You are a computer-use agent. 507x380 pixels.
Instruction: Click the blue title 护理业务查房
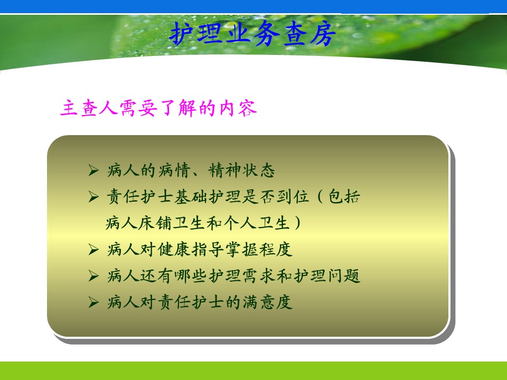[x=252, y=34]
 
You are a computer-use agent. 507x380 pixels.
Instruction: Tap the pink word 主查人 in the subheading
[x=88, y=108]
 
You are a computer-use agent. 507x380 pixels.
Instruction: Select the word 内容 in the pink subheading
[x=238, y=108]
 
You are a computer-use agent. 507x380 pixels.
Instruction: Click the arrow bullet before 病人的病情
[x=93, y=170]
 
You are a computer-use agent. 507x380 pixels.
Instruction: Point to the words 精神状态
[x=241, y=170]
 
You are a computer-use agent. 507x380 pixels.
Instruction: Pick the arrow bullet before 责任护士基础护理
[x=93, y=196]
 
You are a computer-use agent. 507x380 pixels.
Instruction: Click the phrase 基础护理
[x=208, y=196]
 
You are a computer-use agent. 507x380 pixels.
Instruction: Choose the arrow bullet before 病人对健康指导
[x=93, y=250]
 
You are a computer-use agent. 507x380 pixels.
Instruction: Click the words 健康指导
[x=191, y=250]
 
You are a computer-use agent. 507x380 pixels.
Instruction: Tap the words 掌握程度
[x=259, y=250]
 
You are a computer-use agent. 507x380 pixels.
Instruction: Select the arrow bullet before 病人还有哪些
[x=93, y=276]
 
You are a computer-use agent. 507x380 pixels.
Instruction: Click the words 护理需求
[x=242, y=276]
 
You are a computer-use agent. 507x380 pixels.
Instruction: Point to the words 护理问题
[x=326, y=276]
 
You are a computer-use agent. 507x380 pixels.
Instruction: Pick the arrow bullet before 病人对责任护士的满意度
[x=93, y=302]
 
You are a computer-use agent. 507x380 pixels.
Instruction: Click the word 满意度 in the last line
[x=267, y=302]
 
